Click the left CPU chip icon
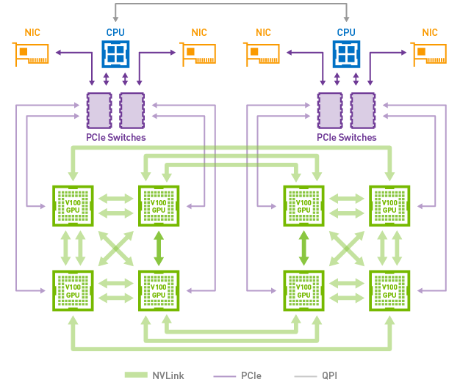[x=115, y=54]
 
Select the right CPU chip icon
[x=345, y=54]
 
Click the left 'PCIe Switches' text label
[x=117, y=137]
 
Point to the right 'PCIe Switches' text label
[x=347, y=137]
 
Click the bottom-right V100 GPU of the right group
[x=389, y=291]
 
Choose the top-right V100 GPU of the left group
[x=159, y=206]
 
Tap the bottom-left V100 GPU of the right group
[x=304, y=291]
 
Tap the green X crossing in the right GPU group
[x=347, y=249]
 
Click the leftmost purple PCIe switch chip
[x=98, y=111]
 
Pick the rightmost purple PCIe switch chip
[x=361, y=111]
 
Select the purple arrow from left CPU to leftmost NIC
[x=73, y=53]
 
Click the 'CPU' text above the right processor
[x=345, y=32]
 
